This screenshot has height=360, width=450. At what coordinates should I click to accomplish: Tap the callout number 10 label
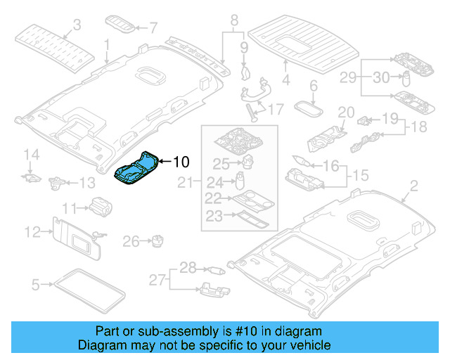(x=181, y=162)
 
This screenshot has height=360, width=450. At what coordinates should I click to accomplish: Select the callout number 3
(x=77, y=25)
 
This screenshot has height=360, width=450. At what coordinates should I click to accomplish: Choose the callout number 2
(x=413, y=186)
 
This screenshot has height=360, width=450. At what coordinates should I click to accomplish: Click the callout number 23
(x=213, y=216)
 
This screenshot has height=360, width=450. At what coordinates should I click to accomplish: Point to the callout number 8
(x=235, y=19)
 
